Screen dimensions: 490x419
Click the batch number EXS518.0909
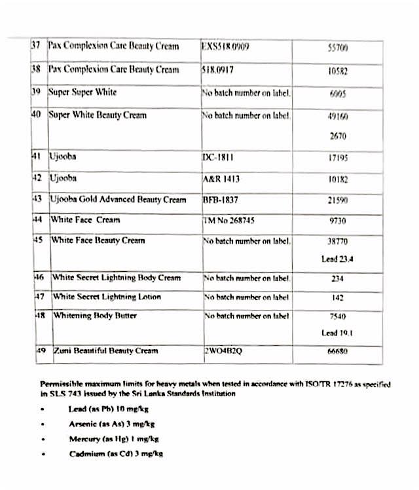[225, 47]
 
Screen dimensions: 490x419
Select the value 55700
[337, 48]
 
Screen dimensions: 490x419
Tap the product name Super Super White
[83, 92]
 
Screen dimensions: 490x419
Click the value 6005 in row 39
[337, 94]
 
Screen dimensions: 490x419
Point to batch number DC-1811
[219, 157]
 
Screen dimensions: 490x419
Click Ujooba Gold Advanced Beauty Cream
[118, 199]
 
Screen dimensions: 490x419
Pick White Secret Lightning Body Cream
[117, 278]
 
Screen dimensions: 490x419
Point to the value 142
[337, 297]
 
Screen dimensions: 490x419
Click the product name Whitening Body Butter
[95, 316]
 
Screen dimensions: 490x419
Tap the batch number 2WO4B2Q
[223, 350]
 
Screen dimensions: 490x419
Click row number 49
[41, 350]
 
